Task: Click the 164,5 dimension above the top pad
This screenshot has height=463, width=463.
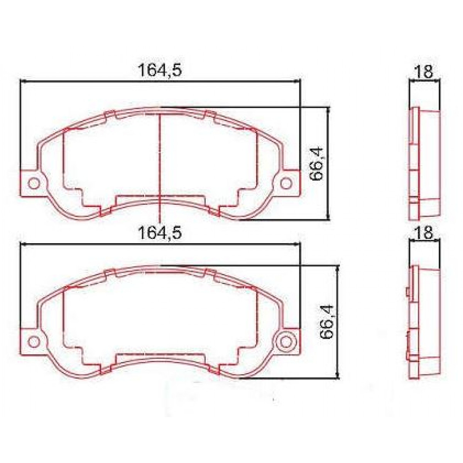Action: tap(160, 70)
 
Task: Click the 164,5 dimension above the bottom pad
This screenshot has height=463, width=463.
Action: tap(160, 233)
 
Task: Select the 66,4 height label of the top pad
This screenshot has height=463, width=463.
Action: tap(317, 164)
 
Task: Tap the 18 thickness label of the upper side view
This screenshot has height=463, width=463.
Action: tap(424, 71)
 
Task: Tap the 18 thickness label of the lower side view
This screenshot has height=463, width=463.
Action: tap(424, 233)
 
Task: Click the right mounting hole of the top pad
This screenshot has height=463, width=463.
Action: tap(286, 183)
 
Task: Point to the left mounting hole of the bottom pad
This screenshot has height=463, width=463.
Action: tap(34, 341)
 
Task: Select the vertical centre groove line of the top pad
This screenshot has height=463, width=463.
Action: tap(160, 162)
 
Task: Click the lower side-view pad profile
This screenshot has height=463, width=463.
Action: tap(424, 322)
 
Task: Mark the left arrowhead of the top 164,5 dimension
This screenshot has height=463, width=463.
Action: tap(22, 81)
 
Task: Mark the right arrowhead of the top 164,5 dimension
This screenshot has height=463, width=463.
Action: tap(297, 81)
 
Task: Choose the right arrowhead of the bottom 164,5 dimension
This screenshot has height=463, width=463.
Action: tap(297, 244)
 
